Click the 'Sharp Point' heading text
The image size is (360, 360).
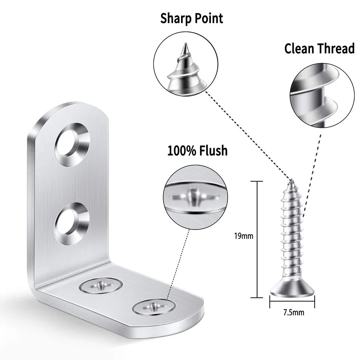point(191,18)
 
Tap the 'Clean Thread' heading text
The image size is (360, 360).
point(319,49)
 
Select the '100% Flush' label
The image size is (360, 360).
point(197,151)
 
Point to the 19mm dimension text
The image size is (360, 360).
point(243,236)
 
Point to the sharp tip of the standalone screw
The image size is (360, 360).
point(292,181)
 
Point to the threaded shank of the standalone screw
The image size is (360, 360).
point(292,234)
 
